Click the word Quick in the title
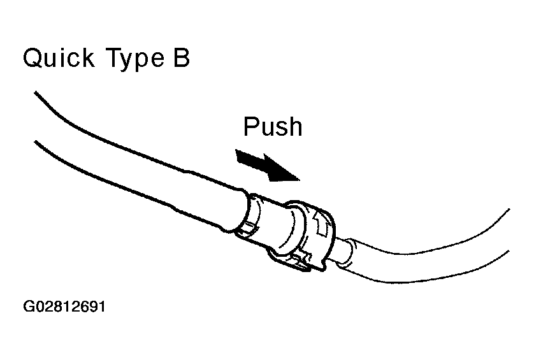point(58,58)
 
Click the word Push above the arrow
point(273,126)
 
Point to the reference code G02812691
point(64,306)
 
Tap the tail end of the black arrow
point(238,155)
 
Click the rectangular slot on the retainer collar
point(322,225)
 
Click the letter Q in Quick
point(32,58)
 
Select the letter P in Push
point(251,126)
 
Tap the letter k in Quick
point(87,57)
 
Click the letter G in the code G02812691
point(28,306)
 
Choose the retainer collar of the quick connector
point(308,235)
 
